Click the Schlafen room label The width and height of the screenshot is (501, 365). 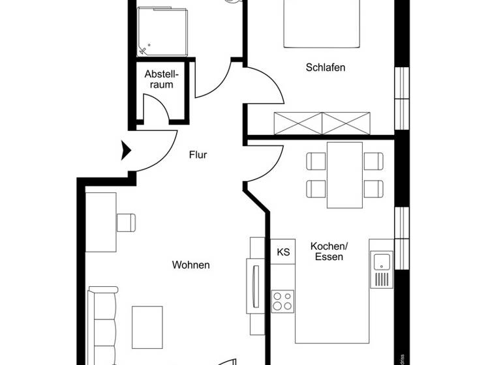point(325,67)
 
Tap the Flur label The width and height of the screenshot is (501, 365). point(198,155)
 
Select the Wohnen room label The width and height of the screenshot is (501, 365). point(190,265)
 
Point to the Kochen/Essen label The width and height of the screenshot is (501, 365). point(329,251)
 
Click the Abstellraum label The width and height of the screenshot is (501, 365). point(161,79)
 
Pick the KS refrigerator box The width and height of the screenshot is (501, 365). point(283,252)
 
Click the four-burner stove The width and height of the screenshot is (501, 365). point(282,301)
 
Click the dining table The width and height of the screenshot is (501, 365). point(344,175)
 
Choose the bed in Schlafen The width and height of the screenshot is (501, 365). point(322,23)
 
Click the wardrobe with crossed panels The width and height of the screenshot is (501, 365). point(322,123)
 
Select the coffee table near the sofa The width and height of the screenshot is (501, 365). point(147,327)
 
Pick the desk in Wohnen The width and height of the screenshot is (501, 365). point(101,222)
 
